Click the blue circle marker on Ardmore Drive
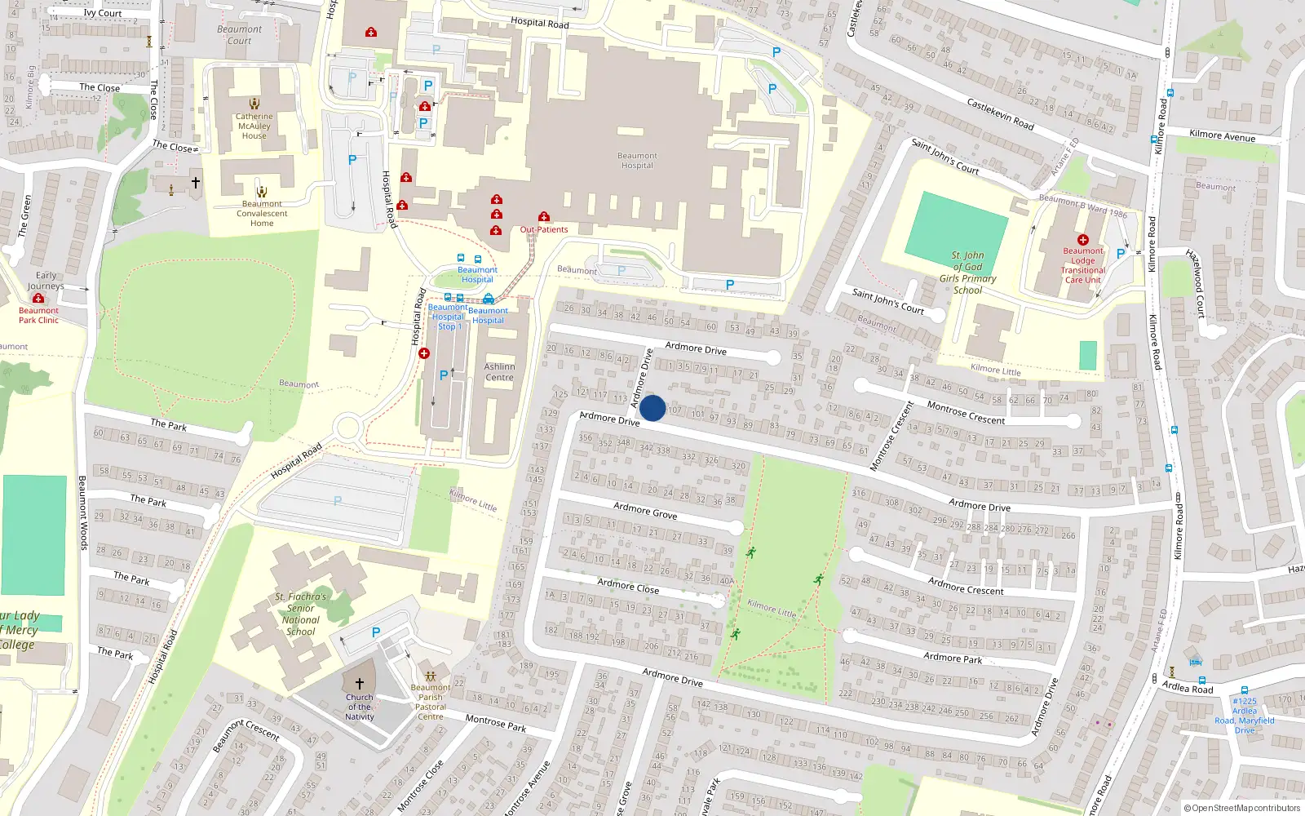tap(652, 408)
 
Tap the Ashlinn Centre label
tap(499, 372)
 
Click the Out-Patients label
tap(544, 229)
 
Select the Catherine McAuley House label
tap(254, 126)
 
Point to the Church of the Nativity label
tap(359, 707)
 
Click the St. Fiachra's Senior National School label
tap(300, 614)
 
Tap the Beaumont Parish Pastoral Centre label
tap(431, 702)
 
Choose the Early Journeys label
tap(46, 281)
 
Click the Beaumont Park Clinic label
tap(38, 315)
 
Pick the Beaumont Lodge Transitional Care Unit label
tap(1083, 265)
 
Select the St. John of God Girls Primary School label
tap(968, 273)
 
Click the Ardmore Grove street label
tap(645, 511)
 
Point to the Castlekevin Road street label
tap(1000, 114)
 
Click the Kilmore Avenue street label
tap(1222, 135)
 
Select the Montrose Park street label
tap(496, 723)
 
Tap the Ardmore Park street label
tap(953, 658)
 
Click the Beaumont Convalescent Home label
tap(262, 214)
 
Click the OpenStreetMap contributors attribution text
tap(1242, 808)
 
